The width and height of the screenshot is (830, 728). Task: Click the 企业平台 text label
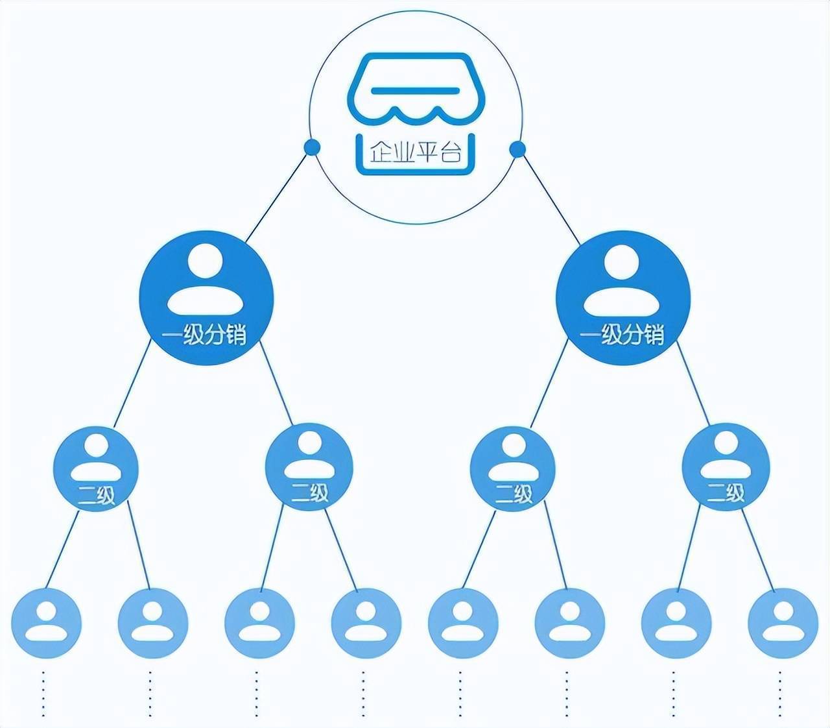(x=415, y=153)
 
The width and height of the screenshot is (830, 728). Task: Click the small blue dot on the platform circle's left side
(x=313, y=147)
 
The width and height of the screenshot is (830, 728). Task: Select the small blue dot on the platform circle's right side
(x=517, y=150)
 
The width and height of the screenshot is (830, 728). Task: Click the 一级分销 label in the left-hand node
(x=205, y=335)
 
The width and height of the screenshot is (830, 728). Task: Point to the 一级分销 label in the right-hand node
(x=622, y=335)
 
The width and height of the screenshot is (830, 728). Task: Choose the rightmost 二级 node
(x=726, y=467)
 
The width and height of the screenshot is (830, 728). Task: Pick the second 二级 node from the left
(x=309, y=467)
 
